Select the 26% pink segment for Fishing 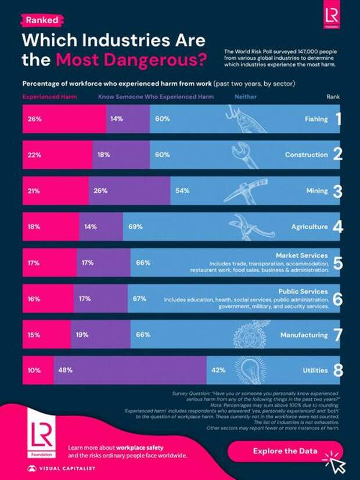pyautogui.click(x=64, y=119)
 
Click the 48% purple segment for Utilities pyautogui.click(x=131, y=370)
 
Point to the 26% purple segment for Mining pyautogui.click(x=129, y=191)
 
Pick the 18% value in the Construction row pyautogui.click(x=104, y=155)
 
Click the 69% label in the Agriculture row pyautogui.click(x=136, y=226)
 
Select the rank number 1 pyautogui.click(x=338, y=119)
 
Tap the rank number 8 pyautogui.click(x=337, y=370)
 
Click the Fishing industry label pyautogui.click(x=316, y=119)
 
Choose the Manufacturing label pyautogui.click(x=304, y=335)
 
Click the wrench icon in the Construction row pyautogui.click(x=249, y=154)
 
